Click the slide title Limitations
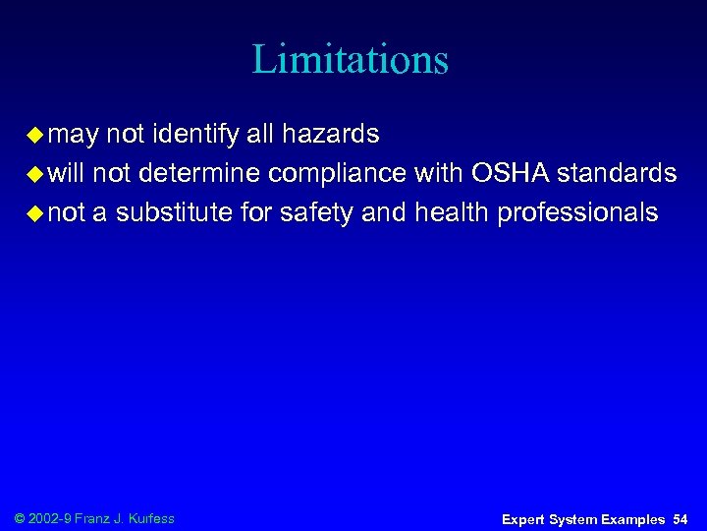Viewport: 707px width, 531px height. coord(351,59)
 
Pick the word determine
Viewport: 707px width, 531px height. coord(200,174)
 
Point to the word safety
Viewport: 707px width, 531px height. coord(317,213)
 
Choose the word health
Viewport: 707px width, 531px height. coord(452,213)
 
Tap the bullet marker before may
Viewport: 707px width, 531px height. coord(34,134)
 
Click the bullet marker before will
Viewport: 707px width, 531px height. coord(34,174)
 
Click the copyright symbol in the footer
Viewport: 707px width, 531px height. coord(22,518)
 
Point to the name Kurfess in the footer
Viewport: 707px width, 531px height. coord(151,518)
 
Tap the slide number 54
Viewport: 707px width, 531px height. coord(680,518)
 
